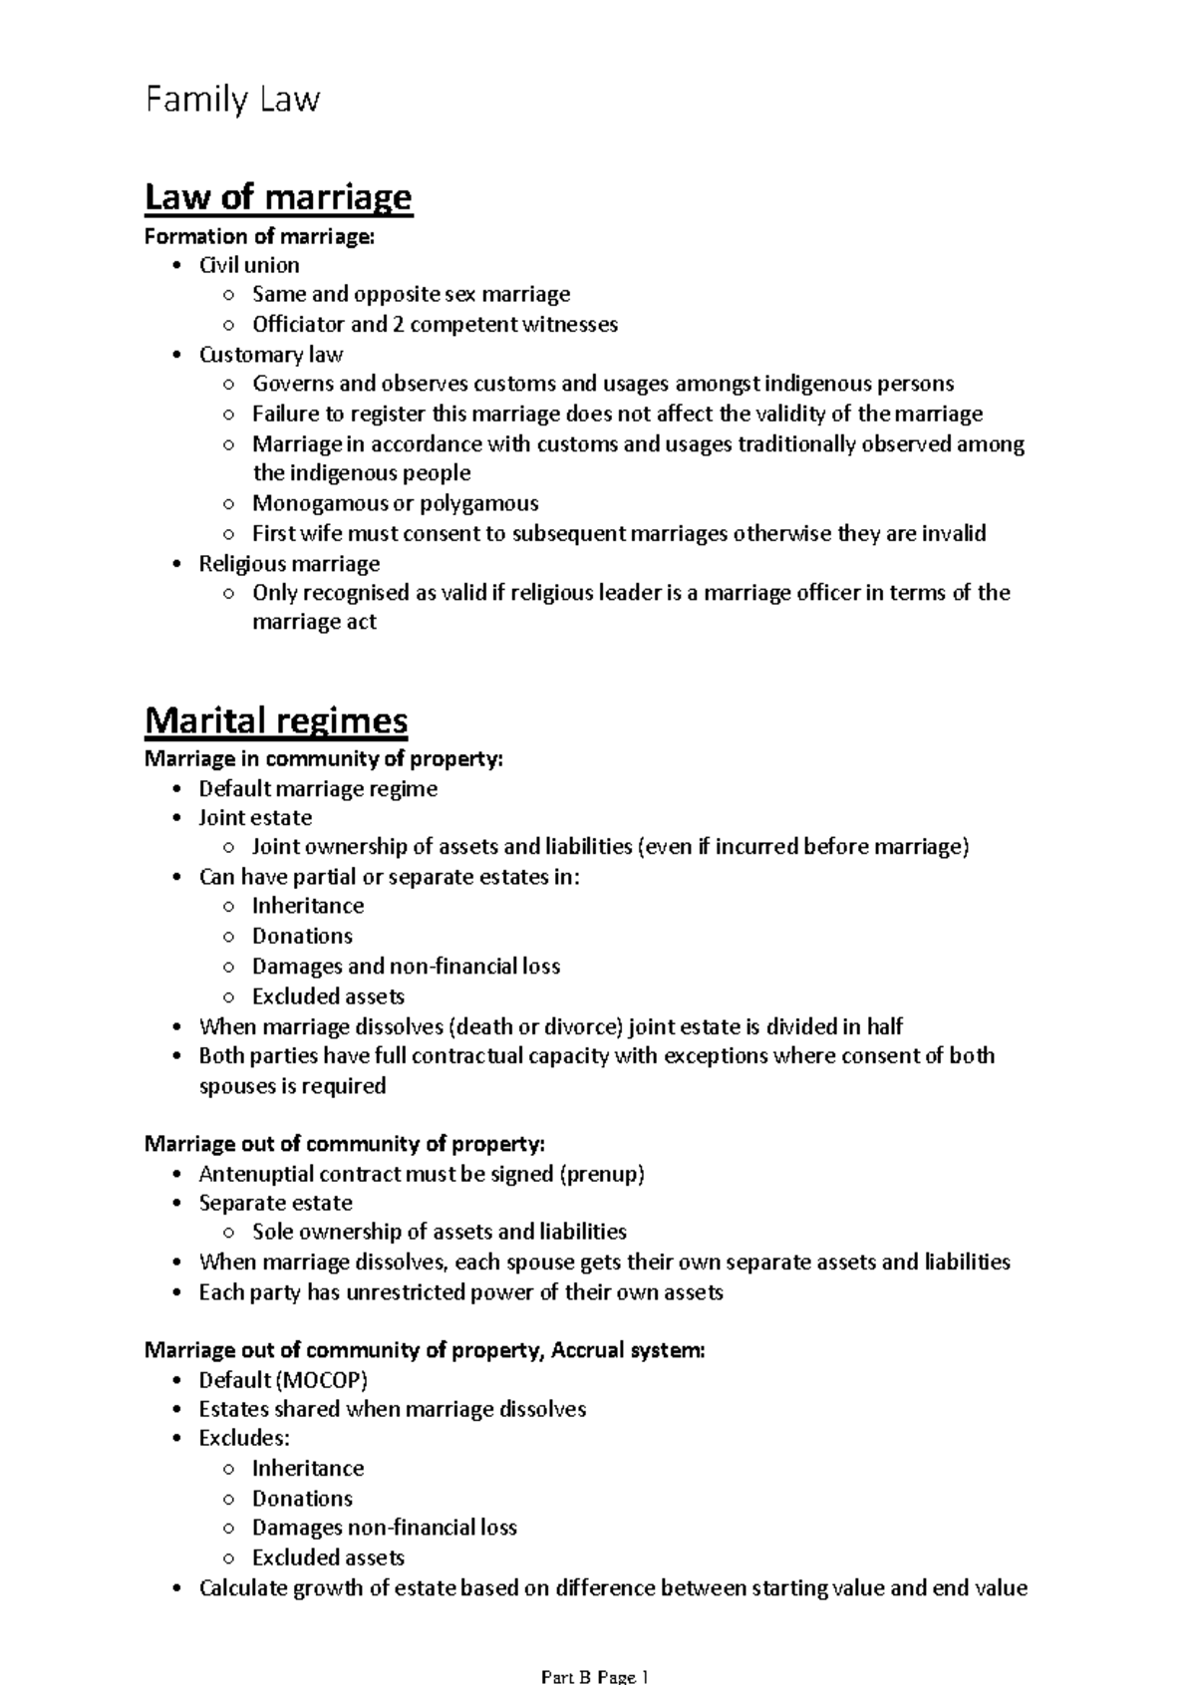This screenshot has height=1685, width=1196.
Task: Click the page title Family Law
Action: pyautogui.click(x=232, y=100)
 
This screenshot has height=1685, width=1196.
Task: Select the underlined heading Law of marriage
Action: pyautogui.click(x=278, y=196)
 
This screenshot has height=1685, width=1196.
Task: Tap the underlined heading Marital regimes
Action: pyautogui.click(x=276, y=719)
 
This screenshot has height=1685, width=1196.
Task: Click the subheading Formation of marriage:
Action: pyautogui.click(x=260, y=236)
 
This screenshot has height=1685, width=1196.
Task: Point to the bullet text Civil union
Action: pyautogui.click(x=249, y=265)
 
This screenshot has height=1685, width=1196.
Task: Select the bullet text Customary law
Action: pyautogui.click(x=271, y=355)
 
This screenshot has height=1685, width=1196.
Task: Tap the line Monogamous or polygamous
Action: pyautogui.click(x=395, y=503)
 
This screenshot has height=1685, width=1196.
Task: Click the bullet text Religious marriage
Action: pyautogui.click(x=289, y=564)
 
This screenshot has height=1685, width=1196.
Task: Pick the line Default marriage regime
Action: pyautogui.click(x=318, y=788)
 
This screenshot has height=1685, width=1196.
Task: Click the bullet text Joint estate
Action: pyautogui.click(x=255, y=817)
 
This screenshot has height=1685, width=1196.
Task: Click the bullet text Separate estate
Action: pyautogui.click(x=275, y=1203)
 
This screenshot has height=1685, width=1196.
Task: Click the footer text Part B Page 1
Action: pyautogui.click(x=595, y=1676)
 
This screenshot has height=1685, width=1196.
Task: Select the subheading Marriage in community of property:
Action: pyautogui.click(x=324, y=759)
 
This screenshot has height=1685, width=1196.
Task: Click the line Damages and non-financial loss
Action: pyautogui.click(x=406, y=966)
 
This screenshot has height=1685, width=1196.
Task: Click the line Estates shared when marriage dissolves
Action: pyautogui.click(x=392, y=1409)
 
